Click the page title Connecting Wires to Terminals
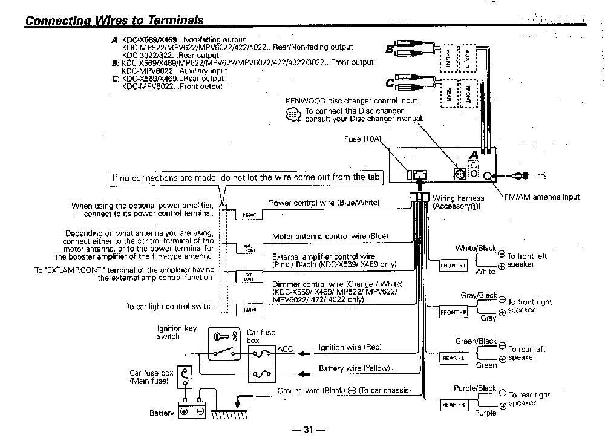pos(114,20)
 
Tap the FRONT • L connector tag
pos(454,266)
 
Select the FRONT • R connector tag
pos(454,312)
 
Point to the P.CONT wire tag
pos(249,215)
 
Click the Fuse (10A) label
pos(363,139)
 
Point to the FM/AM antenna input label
pos(541,197)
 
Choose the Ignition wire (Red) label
pos(350,347)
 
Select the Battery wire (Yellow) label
pos(354,368)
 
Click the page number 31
pos(308,430)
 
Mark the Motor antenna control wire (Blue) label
pos(330,236)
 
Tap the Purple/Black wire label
pos(475,388)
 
